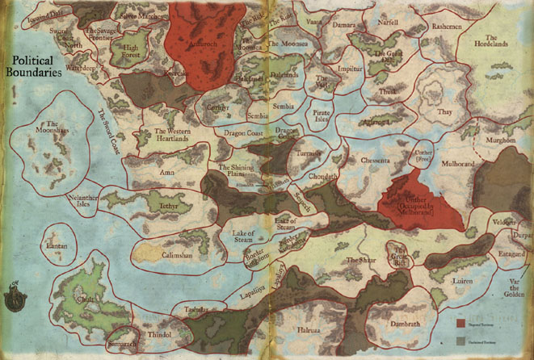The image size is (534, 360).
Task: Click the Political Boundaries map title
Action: tap(37, 66)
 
